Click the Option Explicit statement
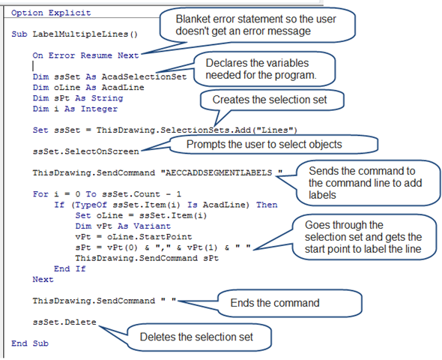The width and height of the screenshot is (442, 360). point(51,13)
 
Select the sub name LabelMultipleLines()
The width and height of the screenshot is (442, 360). point(85,34)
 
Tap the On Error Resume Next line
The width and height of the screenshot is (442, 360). point(85,55)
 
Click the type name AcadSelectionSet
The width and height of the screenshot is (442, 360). point(144,76)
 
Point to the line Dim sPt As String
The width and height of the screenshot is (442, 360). point(78,98)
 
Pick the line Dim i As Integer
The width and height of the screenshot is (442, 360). point(75,109)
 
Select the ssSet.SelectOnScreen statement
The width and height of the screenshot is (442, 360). point(85,151)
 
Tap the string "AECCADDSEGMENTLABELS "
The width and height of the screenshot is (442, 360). point(222,172)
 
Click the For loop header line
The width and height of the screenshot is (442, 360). point(107,194)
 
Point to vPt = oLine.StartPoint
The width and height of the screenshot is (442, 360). point(133,237)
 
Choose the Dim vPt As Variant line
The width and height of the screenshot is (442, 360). point(123,226)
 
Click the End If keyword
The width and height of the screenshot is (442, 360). point(70,268)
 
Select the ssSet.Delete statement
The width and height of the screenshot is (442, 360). point(64,322)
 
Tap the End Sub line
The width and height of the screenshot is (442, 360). point(30,343)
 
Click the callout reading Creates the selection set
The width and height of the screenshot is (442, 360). point(272,100)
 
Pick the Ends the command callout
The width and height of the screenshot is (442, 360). point(290,303)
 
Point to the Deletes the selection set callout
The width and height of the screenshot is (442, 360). point(199,337)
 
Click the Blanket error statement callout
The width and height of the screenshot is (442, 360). point(257,25)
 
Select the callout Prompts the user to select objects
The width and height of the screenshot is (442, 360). point(273,145)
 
